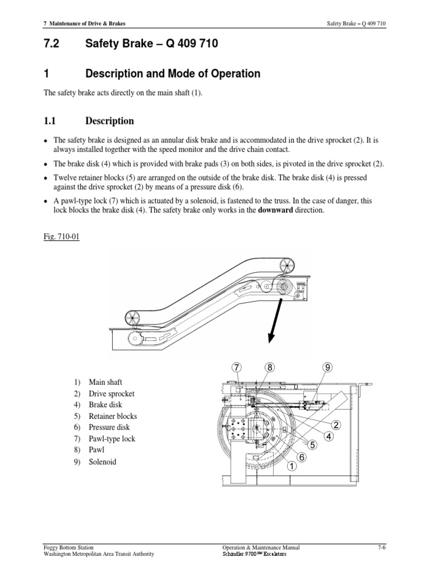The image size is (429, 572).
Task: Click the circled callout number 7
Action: click(237, 367)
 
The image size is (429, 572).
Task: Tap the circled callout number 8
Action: click(270, 367)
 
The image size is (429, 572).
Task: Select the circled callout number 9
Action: click(327, 367)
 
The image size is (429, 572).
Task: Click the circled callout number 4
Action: click(328, 436)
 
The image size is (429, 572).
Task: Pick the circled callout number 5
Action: click(312, 445)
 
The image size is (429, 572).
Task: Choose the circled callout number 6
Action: click(302, 457)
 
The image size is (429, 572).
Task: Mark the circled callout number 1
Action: click(291, 466)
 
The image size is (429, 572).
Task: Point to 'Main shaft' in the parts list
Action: click(106, 382)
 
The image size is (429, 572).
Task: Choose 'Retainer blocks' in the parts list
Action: click(112, 416)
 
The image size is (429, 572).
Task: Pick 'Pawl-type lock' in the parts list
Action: click(112, 439)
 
